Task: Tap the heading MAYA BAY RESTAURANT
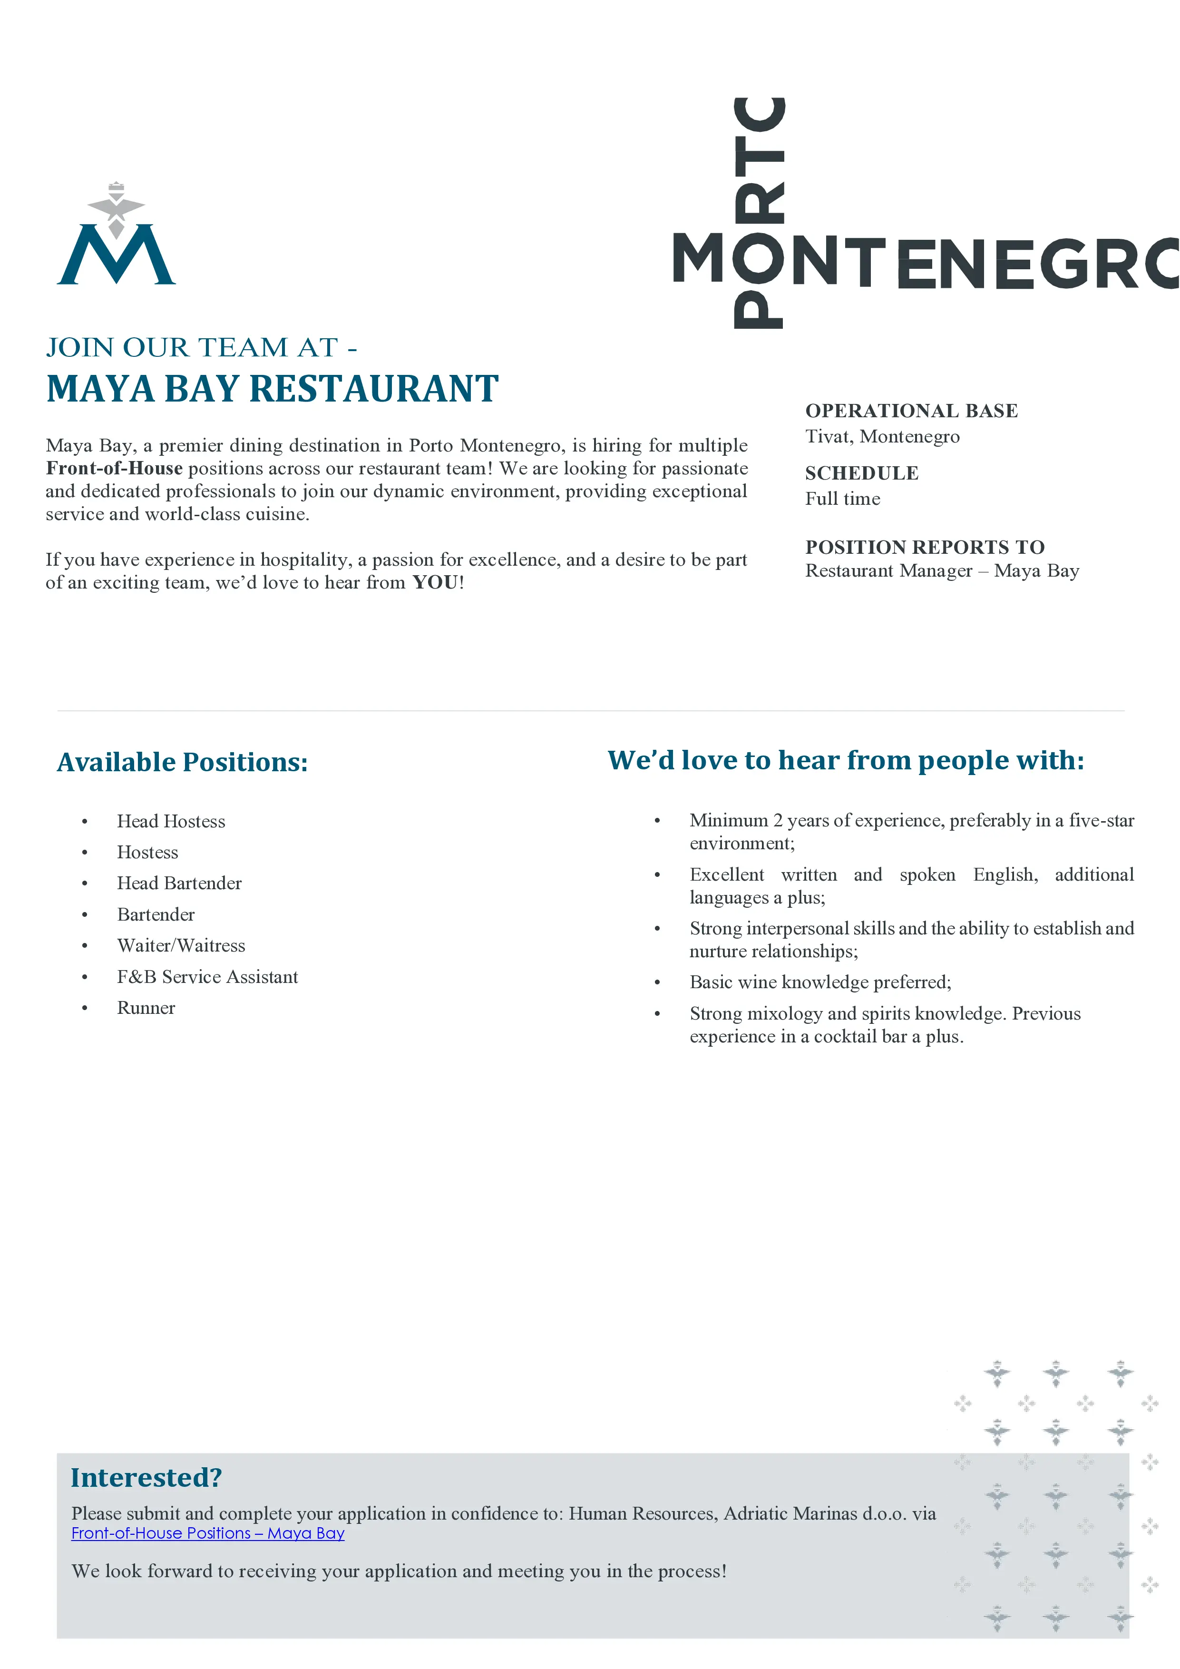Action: tap(273, 389)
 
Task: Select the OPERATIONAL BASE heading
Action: tap(911, 411)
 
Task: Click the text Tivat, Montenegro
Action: tap(882, 436)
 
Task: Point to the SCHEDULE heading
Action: tap(862, 473)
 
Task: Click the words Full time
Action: tap(842, 499)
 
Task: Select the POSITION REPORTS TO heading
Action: tap(924, 547)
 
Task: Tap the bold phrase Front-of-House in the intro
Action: tap(114, 468)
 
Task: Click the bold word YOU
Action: tap(435, 582)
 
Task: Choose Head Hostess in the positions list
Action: tap(171, 821)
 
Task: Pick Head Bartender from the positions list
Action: tap(179, 883)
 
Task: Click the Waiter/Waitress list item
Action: tap(181, 946)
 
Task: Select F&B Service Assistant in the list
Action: tap(207, 977)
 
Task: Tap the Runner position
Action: tap(146, 1008)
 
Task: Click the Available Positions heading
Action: tap(182, 762)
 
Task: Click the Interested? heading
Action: tap(146, 1478)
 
